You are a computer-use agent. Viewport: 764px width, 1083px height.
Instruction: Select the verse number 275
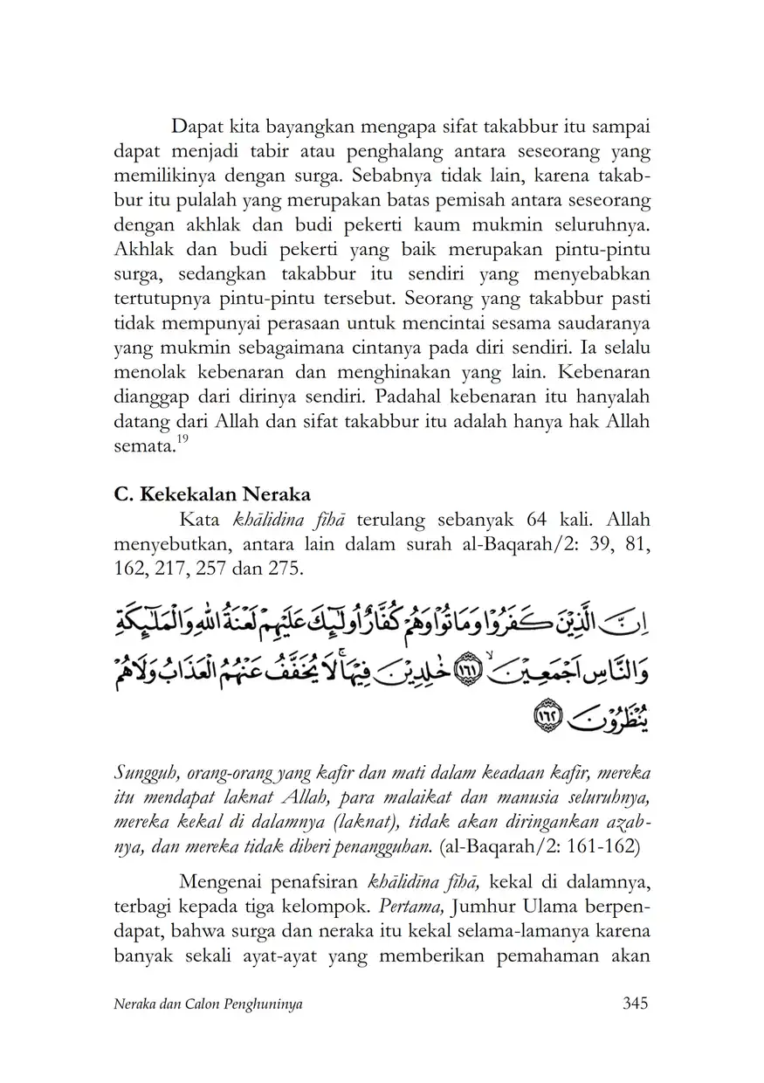(x=284, y=568)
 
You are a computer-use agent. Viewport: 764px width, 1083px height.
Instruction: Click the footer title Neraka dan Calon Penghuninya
(x=209, y=1004)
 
